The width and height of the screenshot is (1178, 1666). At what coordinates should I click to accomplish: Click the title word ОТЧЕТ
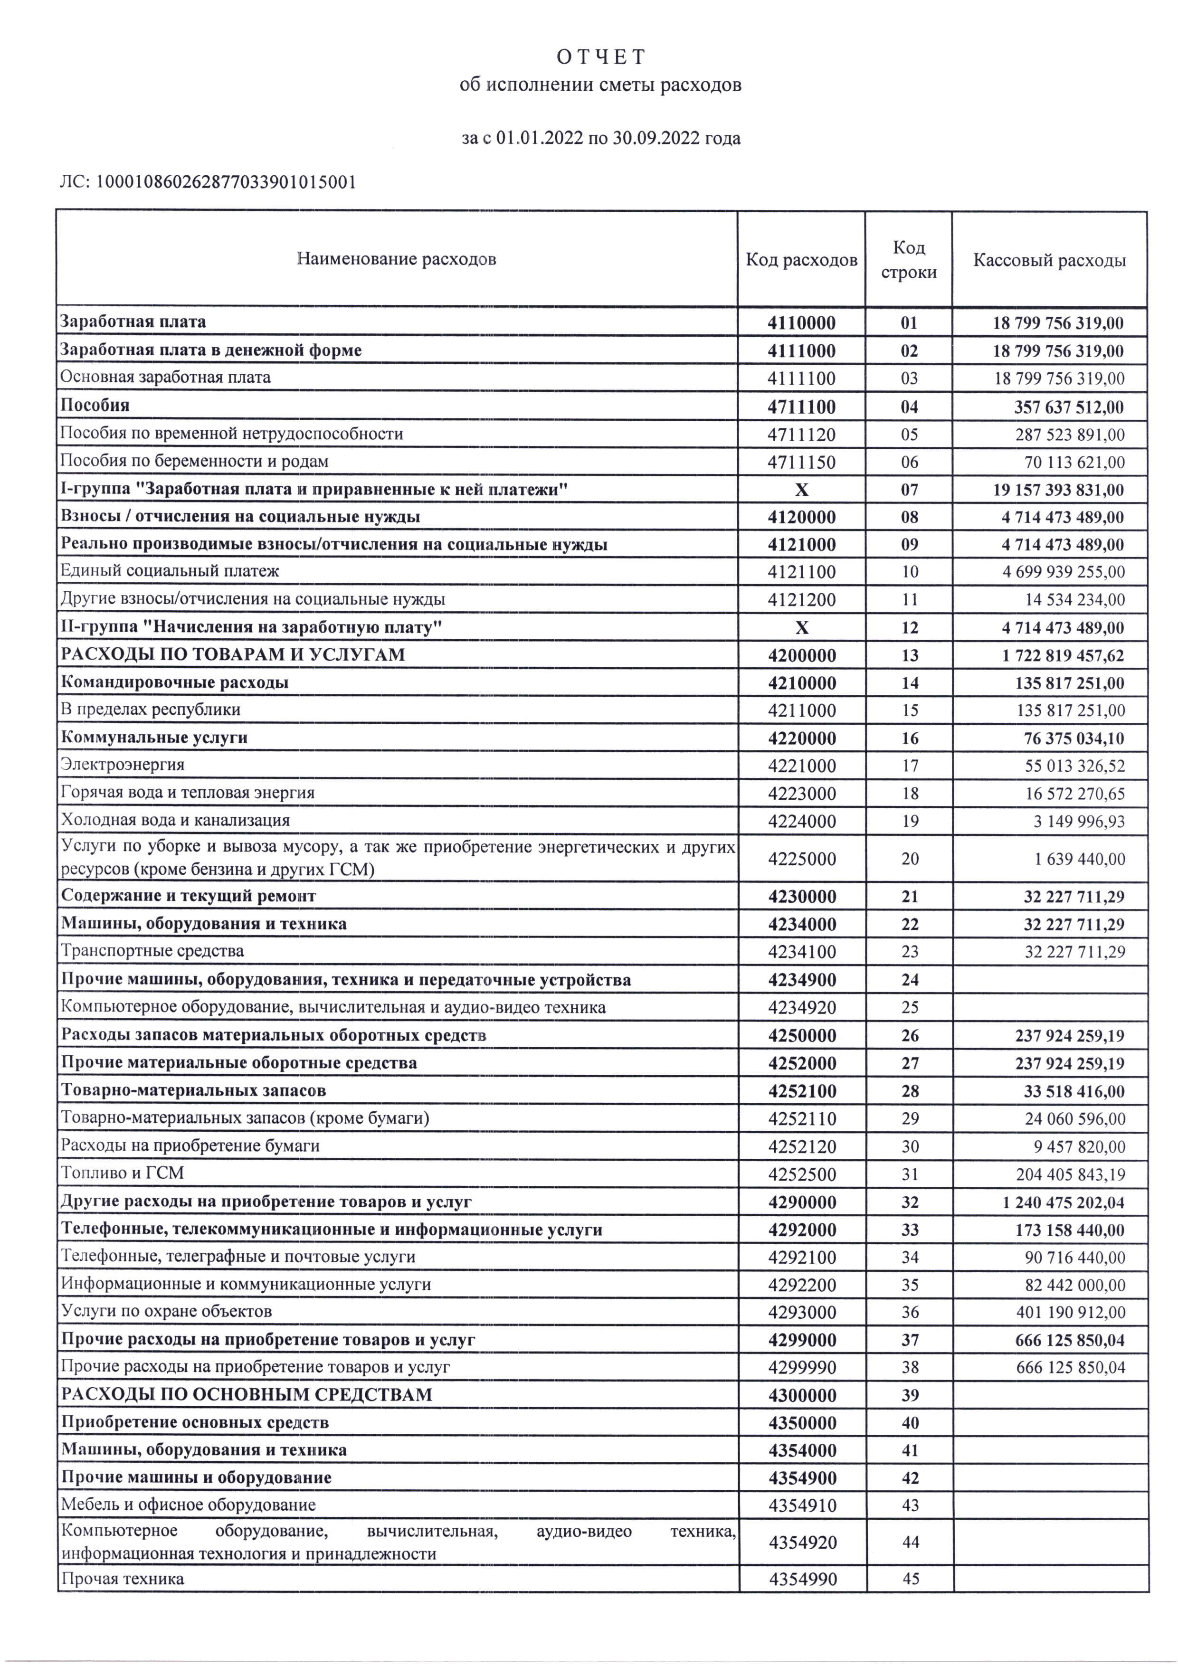tap(601, 57)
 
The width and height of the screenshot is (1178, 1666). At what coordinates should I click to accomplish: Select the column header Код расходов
tap(801, 260)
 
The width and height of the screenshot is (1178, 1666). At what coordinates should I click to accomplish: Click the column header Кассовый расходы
tap(1050, 260)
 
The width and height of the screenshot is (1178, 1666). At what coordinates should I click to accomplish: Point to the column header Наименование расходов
tap(396, 259)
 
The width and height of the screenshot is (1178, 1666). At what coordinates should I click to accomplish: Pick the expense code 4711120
tap(801, 435)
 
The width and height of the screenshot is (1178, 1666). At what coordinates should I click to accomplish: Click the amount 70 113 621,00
tap(1076, 462)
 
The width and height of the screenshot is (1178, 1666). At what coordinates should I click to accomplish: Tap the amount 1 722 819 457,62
tap(1064, 656)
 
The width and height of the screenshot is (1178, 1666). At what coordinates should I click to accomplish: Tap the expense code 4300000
tap(801, 1395)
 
